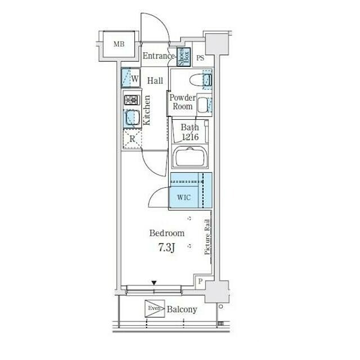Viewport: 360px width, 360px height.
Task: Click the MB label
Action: tap(119, 44)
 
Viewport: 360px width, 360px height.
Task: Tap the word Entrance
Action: tap(159, 56)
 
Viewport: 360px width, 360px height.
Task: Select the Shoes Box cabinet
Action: tap(183, 57)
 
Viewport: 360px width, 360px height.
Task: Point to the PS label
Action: tap(200, 58)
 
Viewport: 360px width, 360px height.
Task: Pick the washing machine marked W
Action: tap(130, 78)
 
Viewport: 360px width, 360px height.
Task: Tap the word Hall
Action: tap(155, 80)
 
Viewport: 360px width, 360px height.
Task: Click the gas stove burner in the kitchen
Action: tap(132, 100)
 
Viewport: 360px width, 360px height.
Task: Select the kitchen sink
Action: tap(132, 118)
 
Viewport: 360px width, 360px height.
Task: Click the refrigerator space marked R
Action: tap(132, 139)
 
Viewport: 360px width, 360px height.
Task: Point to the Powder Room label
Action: tap(182, 102)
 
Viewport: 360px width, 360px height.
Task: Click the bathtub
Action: tap(190, 156)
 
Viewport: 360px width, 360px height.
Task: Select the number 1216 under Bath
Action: tap(190, 137)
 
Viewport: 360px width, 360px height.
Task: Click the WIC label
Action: tap(184, 197)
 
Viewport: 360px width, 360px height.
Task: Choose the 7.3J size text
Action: tap(166, 247)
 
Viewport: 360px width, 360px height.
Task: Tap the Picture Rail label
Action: tap(207, 237)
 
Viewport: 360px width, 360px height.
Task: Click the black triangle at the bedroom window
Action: tap(154, 283)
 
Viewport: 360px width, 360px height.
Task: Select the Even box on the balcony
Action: tap(155, 309)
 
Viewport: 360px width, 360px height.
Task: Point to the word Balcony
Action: tap(182, 309)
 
